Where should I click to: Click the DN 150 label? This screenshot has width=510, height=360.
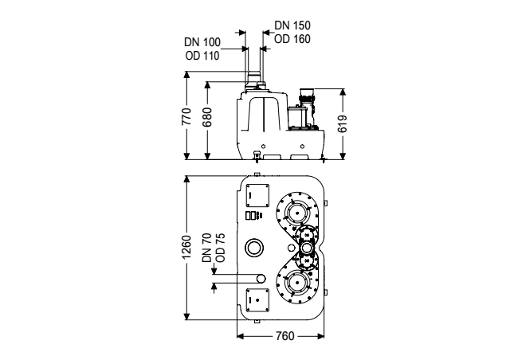pos(292,25)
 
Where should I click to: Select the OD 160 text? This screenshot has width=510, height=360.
pos(292,39)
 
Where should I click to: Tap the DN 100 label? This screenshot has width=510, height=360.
pos(202,42)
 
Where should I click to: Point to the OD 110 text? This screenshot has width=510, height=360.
pos(202,56)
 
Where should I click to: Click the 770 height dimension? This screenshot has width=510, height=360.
pos(186,116)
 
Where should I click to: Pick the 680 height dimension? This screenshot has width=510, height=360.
pos(207,117)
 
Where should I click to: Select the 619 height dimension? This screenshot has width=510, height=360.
pos(343,123)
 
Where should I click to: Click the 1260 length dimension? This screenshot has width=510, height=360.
pos(186,247)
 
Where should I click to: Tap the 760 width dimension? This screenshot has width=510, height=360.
pos(285,336)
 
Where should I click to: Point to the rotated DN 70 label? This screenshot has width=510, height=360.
pos(207,248)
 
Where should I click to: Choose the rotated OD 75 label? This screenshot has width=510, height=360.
pos(220,248)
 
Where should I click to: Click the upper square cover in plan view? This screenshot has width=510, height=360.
pos(257,195)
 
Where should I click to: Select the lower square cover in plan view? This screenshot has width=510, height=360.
pos(257,299)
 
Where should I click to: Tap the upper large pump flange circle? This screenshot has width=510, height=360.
pos(296,213)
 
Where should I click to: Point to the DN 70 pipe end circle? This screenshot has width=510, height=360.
pos(261,279)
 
